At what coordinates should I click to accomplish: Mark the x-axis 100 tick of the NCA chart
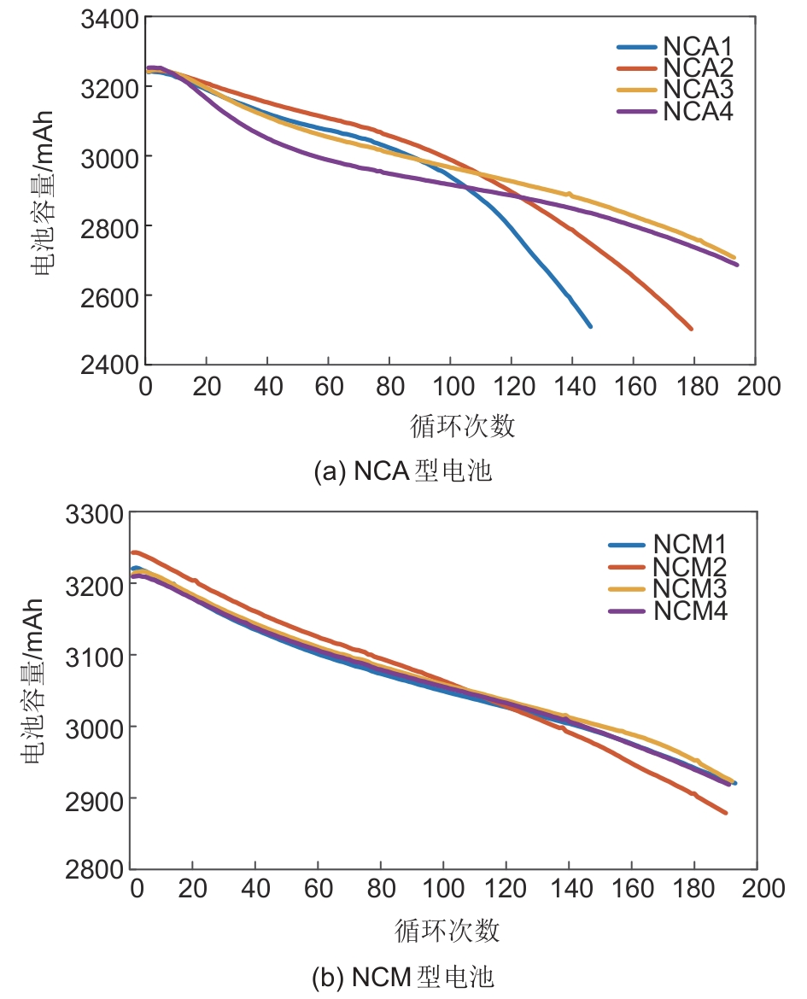point(451,387)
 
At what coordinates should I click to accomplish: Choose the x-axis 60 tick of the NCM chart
point(319,889)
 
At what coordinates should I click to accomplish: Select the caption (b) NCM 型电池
point(404,976)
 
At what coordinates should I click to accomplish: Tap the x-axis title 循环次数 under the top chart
point(463,425)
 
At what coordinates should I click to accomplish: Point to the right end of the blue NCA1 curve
point(589,326)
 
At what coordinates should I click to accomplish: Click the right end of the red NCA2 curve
point(691,329)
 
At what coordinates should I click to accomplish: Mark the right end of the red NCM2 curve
point(726,813)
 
